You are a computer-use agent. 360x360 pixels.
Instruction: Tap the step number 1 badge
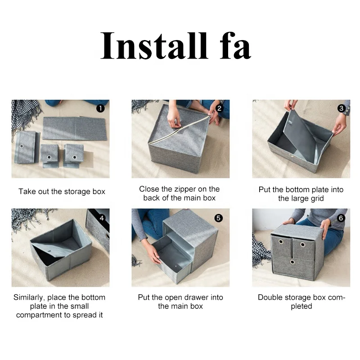pyautogui.click(x=100, y=108)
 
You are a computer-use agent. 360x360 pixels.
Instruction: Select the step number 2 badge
pyautogui.click(x=219, y=108)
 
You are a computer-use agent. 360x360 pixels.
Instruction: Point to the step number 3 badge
pyautogui.click(x=342, y=108)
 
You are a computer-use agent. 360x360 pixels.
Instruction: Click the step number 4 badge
pyautogui.click(x=102, y=218)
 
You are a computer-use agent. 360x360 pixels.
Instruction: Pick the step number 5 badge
pyautogui.click(x=218, y=218)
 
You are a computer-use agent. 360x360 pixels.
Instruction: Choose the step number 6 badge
pyautogui.click(x=341, y=218)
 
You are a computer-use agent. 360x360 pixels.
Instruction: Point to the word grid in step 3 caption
pyautogui.click(x=316, y=198)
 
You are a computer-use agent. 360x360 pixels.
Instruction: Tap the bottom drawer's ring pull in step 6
pyautogui.click(x=292, y=262)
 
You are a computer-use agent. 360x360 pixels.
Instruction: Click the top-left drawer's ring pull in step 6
pyautogui.click(x=281, y=242)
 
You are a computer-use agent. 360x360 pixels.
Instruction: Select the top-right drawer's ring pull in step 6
pyautogui.click(x=302, y=245)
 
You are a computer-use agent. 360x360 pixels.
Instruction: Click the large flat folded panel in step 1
pyautogui.click(x=74, y=128)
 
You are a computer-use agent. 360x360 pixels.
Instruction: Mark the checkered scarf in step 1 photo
pyautogui.click(x=25, y=115)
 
